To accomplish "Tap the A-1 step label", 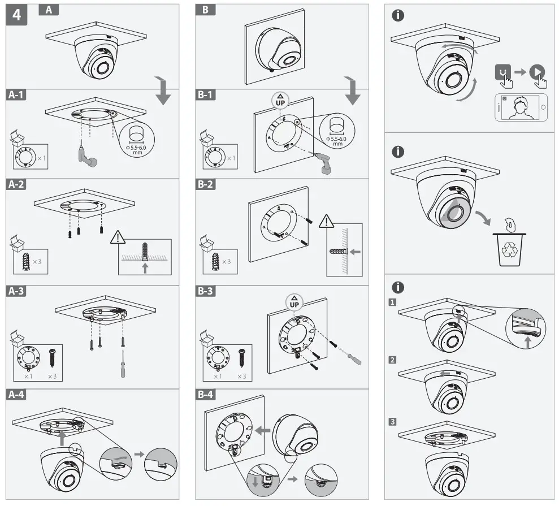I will (x=18, y=96).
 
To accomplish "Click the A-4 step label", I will (x=18, y=396).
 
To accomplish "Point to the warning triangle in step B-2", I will (x=327, y=222).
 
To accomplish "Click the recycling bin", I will (x=509, y=249).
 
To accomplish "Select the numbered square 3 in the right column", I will (x=392, y=421).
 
